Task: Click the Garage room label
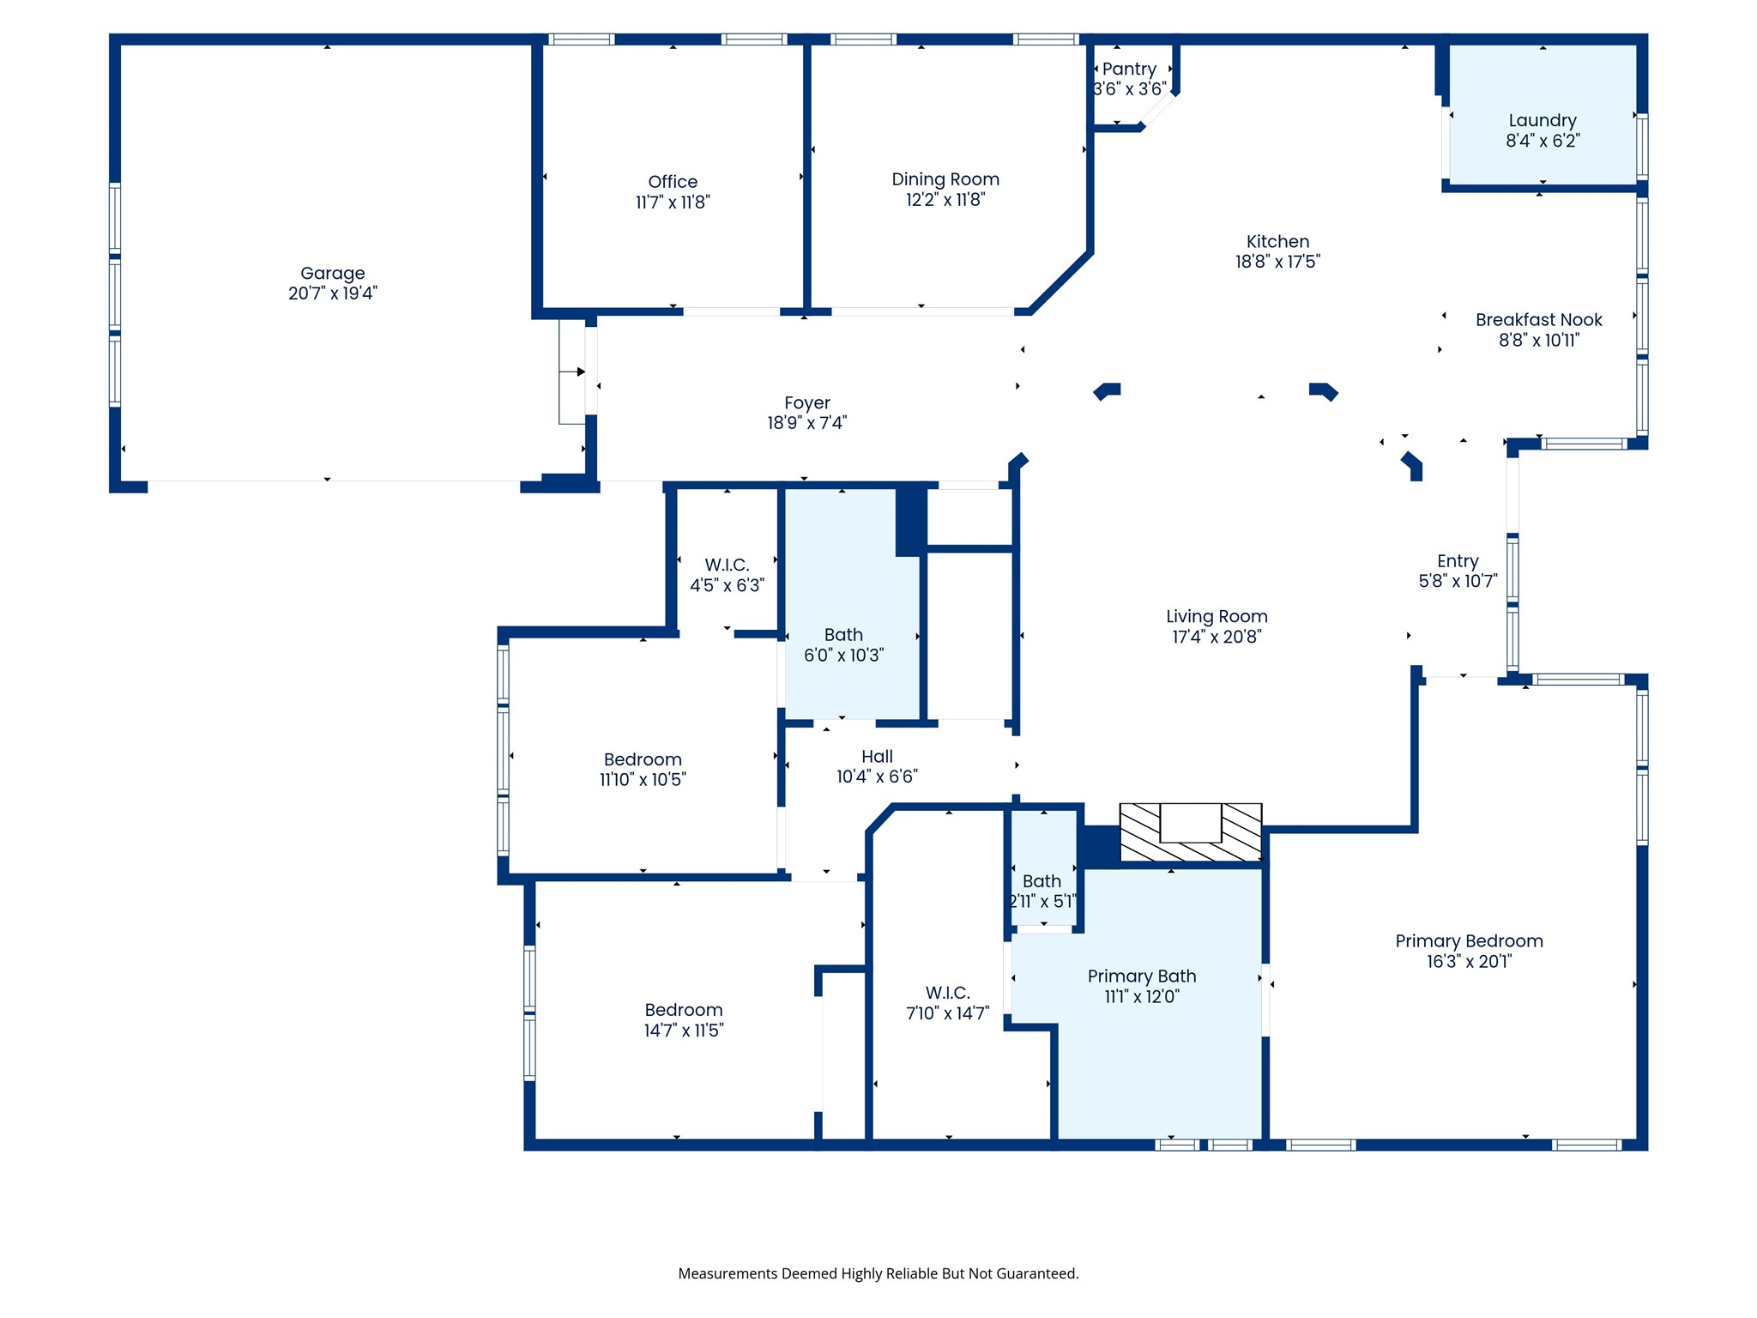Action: [333, 273]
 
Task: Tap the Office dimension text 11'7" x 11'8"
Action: [673, 203]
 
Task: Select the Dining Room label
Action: [945, 179]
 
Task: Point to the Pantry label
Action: [1129, 69]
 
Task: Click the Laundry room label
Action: [1543, 121]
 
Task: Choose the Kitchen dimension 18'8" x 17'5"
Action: [1277, 262]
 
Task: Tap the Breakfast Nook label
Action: [1539, 320]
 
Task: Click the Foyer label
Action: [807, 403]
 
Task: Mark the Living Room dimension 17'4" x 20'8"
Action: [1217, 637]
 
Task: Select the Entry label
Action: [1458, 561]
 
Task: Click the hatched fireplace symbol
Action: [1191, 832]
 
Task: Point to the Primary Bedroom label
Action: [1469, 941]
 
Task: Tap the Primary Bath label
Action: [1142, 976]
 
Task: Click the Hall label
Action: [877, 757]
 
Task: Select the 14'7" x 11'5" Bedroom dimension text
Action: [684, 1031]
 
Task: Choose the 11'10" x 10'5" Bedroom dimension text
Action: [643, 780]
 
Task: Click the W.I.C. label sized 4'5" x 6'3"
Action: [727, 565]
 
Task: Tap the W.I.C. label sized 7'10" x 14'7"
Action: [948, 993]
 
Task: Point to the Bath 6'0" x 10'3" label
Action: [843, 635]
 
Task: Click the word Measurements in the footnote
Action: [728, 1273]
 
